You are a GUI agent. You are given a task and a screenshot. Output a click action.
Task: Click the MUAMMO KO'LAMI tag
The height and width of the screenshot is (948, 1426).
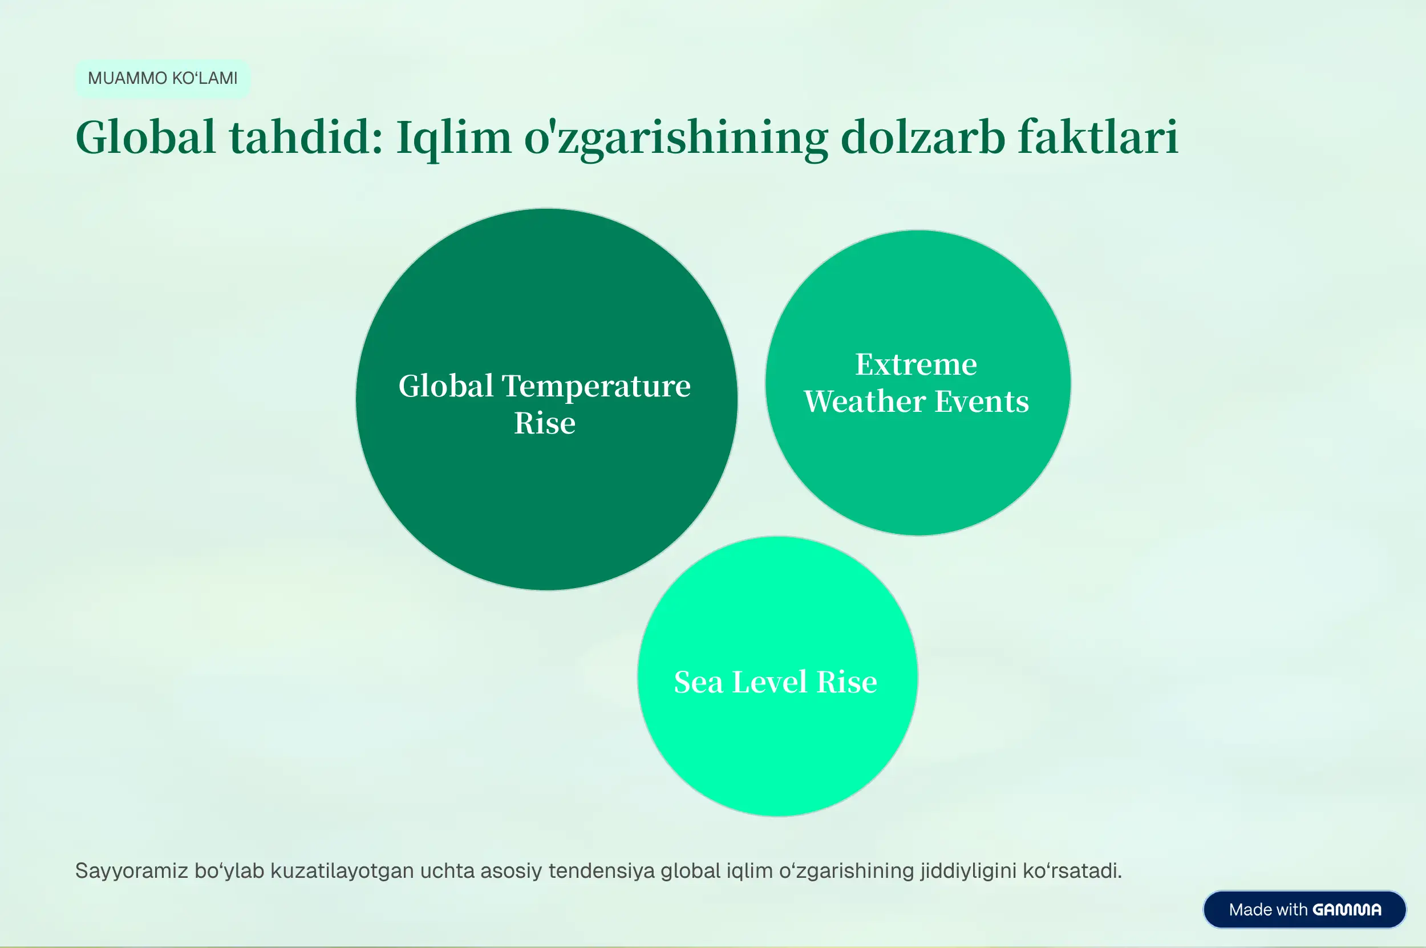click(162, 79)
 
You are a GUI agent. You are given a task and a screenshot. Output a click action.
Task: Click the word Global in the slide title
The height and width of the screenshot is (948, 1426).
click(145, 137)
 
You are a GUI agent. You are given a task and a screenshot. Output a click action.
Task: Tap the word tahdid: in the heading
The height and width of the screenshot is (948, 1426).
click(306, 137)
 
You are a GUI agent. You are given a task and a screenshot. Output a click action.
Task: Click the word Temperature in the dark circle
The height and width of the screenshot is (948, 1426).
click(596, 386)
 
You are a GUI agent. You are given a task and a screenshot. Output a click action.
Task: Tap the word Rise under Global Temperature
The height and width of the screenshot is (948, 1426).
click(545, 423)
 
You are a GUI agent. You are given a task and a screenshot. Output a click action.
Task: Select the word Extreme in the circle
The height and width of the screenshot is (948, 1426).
click(916, 364)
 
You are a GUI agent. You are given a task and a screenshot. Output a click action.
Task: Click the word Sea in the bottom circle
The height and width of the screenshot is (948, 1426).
click(698, 682)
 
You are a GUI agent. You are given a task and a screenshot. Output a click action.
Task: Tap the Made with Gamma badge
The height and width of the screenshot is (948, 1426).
click(1305, 909)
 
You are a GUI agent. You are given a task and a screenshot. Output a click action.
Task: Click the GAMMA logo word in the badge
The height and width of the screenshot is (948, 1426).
click(1347, 910)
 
